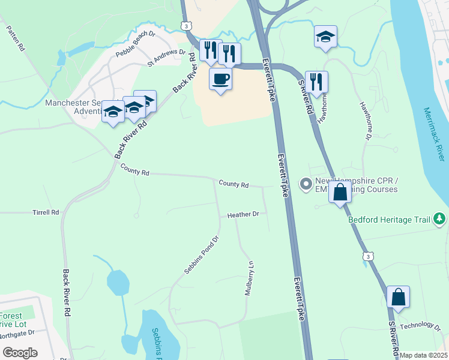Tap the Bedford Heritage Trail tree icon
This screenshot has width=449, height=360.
click(x=440, y=219)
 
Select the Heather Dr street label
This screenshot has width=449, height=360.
click(x=243, y=214)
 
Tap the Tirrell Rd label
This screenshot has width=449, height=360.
click(x=46, y=212)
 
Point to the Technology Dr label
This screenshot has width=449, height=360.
click(x=420, y=325)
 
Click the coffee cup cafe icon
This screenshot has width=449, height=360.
click(x=220, y=79)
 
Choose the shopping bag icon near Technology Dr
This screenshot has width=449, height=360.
click(x=398, y=297)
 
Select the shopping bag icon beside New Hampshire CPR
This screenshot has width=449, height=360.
click(x=340, y=193)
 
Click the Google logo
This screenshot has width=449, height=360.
click(x=20, y=353)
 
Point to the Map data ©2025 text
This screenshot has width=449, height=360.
click(x=424, y=355)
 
